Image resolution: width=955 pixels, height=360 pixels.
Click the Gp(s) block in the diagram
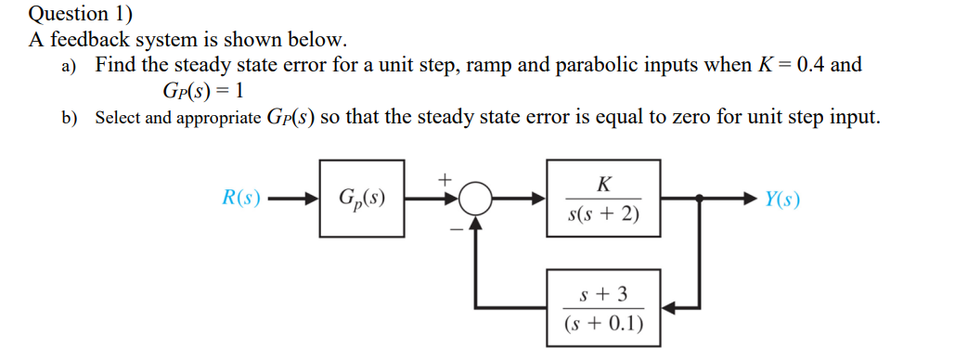[360, 199]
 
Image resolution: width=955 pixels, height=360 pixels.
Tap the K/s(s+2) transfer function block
[603, 199]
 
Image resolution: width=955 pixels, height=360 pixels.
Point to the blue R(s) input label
[241, 199]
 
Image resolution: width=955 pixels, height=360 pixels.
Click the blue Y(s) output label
[782, 199]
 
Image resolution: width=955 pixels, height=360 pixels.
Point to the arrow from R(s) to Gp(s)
[290, 199]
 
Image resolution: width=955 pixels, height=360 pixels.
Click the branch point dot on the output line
[699, 199]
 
